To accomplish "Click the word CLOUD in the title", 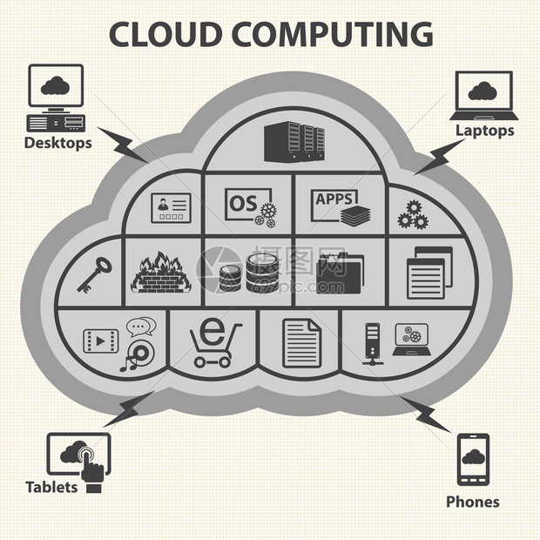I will tap(164, 33).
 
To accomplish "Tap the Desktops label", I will tap(57, 143).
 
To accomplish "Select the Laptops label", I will tap(484, 131).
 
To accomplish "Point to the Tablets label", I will tap(51, 487).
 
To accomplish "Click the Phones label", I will tap(473, 502).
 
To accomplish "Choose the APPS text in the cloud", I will tap(333, 199).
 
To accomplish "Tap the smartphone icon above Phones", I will tap(473, 459).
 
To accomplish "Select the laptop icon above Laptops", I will tap(484, 95).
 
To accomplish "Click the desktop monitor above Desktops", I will tap(56, 85).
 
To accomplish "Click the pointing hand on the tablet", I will tap(91, 466).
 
